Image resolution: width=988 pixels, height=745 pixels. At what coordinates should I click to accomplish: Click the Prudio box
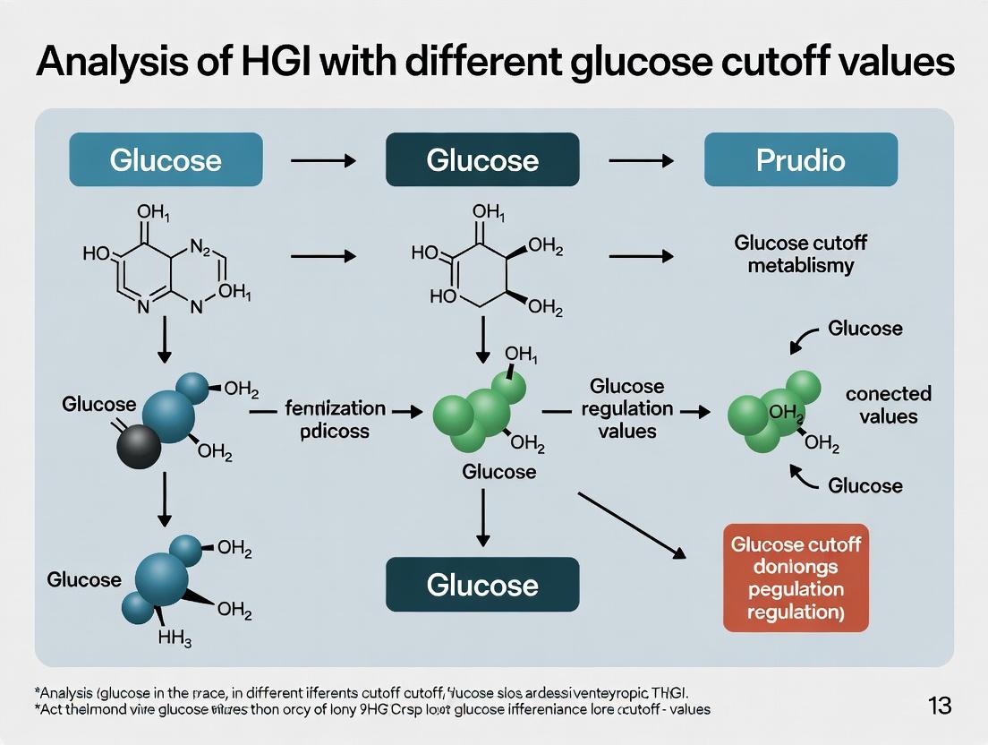coord(800,159)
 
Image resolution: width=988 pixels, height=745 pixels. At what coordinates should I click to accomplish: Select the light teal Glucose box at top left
coord(166,159)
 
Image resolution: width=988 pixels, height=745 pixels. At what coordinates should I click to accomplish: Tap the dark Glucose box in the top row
coord(482,159)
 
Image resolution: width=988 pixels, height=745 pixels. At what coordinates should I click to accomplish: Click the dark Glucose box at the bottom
coord(482,585)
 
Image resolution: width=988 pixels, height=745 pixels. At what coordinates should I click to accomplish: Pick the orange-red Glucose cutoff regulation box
coord(796,578)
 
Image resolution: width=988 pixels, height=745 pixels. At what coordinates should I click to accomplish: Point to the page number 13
coord(940,706)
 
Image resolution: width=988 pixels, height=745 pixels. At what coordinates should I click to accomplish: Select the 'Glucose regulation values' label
coord(627,408)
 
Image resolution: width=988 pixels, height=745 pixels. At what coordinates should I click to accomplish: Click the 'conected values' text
coord(888,405)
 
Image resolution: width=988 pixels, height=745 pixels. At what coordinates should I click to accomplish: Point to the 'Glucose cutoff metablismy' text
coord(800,253)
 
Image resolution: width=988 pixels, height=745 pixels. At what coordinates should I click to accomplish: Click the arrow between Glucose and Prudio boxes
coord(641,160)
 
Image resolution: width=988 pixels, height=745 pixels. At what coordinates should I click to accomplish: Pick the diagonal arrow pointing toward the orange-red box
coord(632,525)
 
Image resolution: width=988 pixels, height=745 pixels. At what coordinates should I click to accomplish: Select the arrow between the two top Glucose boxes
coord(323,160)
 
